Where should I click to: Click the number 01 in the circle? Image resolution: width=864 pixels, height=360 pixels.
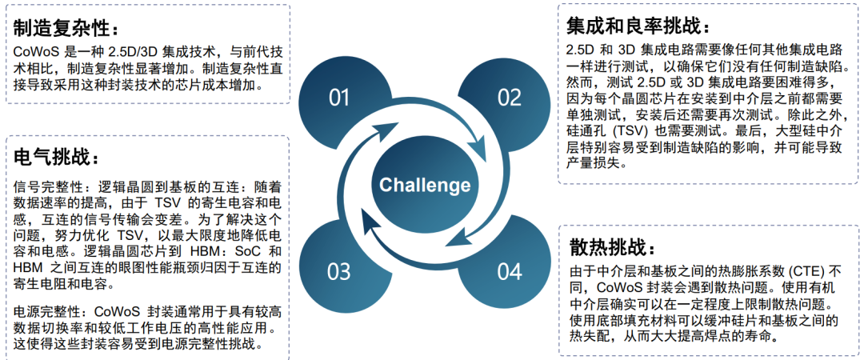pos(339,98)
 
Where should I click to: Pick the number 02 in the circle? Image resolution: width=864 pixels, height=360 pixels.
pos(509,98)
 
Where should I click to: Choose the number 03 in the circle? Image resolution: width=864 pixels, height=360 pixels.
pos(339,271)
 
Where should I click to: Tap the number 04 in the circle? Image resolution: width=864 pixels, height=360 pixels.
pos(509,271)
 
